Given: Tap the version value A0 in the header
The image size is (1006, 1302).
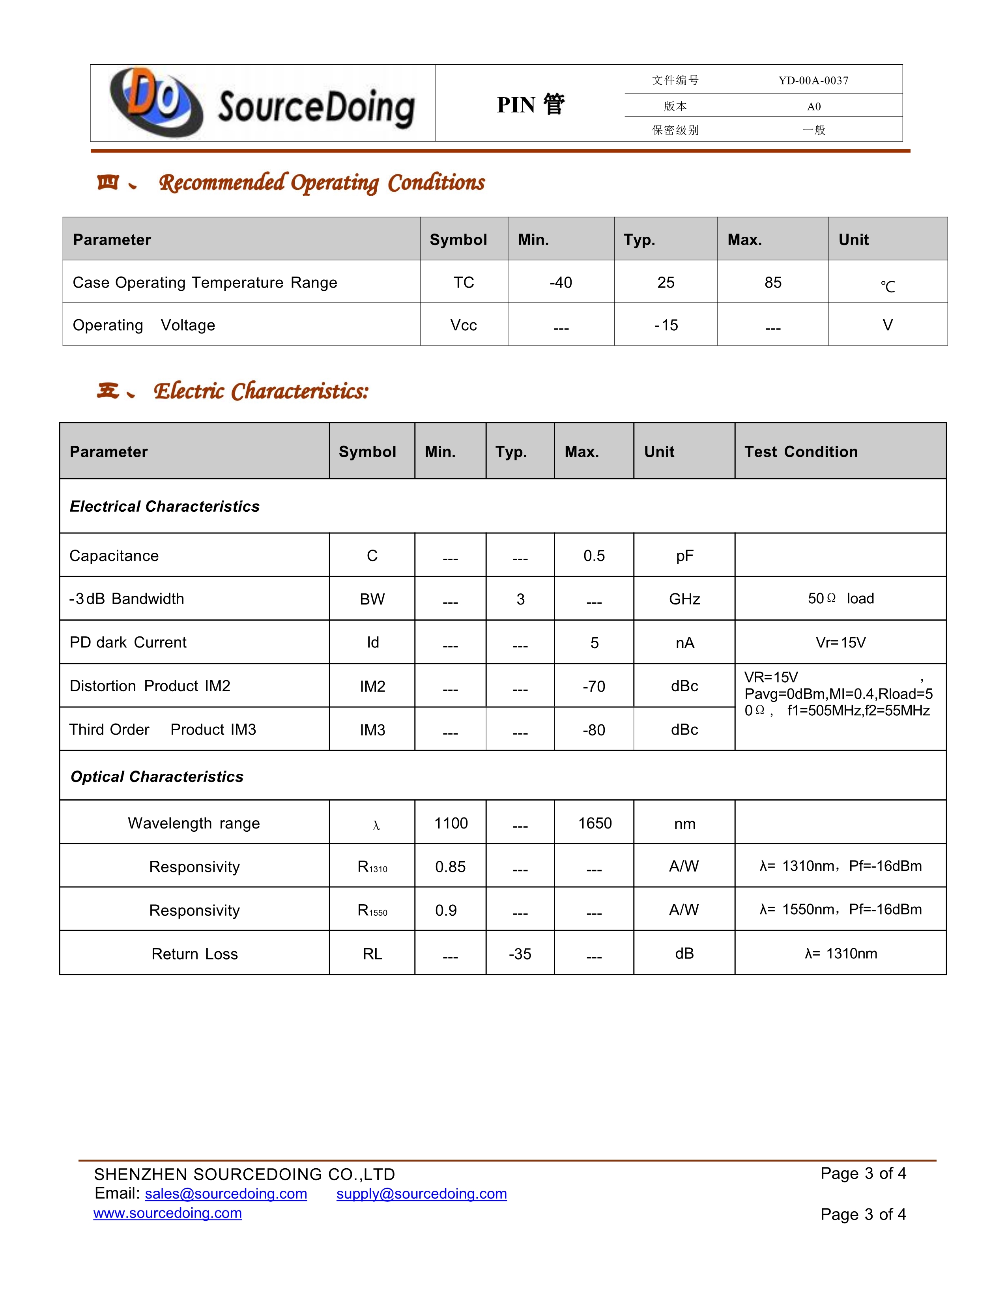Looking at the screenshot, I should pos(813,107).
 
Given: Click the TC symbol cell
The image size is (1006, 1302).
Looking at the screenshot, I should pos(464,282).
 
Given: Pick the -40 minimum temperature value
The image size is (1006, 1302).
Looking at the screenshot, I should pos(561,282).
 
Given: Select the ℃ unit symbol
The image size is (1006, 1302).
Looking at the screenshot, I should pos(887,286).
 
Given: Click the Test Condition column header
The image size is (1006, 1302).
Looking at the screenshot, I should pos(801,452).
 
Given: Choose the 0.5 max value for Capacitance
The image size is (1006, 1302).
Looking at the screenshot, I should pos(594,556).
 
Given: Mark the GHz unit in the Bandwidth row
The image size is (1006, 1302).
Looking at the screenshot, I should pos(684,599).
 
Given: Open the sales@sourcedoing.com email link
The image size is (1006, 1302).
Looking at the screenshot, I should pos(226,1194).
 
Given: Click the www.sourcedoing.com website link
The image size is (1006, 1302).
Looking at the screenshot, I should pos(167,1213).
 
